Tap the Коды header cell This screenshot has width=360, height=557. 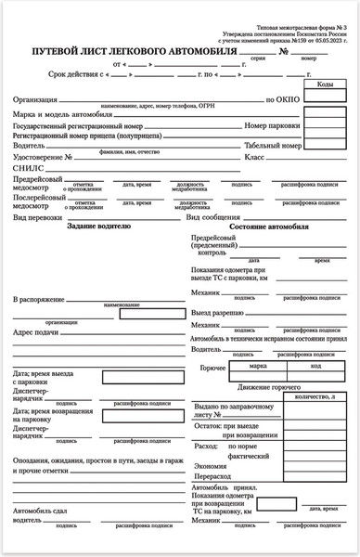[325, 84]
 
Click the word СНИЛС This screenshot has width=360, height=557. [28, 169]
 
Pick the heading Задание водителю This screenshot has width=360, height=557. [98, 227]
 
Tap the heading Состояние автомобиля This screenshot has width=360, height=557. [268, 227]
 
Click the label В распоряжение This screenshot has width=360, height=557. [39, 300]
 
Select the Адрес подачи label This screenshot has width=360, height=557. [36, 331]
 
